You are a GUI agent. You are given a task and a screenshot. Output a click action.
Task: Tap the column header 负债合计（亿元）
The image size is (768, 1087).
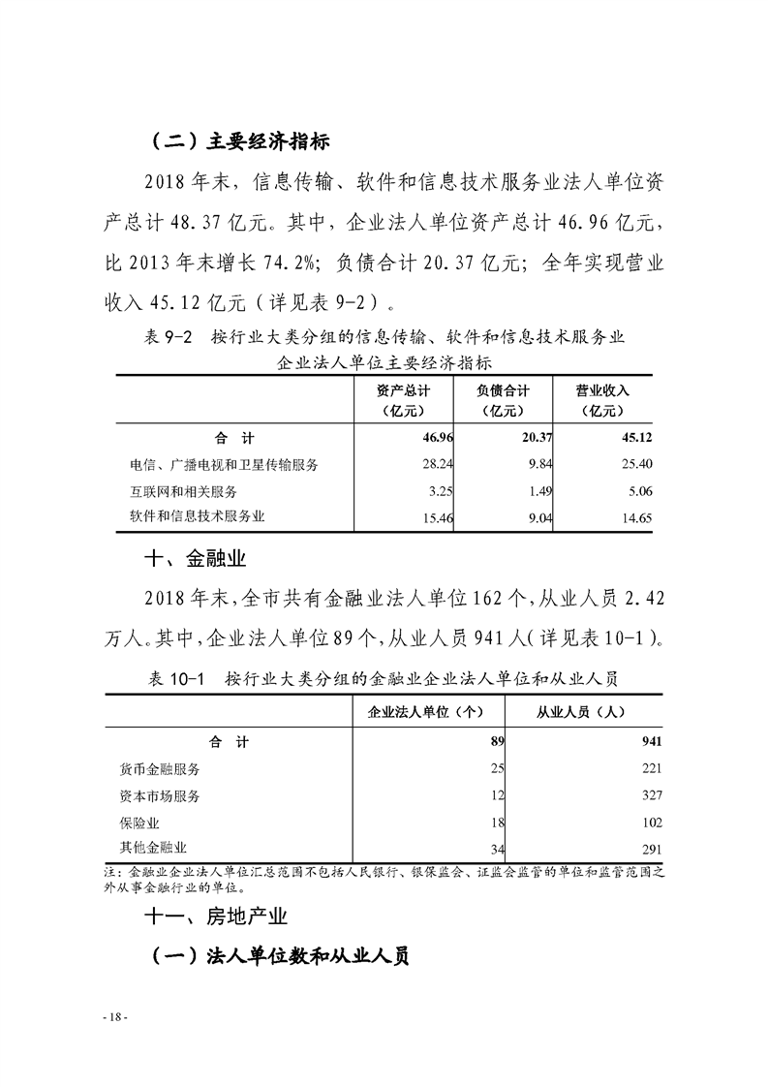(x=503, y=400)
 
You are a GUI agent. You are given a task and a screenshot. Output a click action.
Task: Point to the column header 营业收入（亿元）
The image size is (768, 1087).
(x=602, y=400)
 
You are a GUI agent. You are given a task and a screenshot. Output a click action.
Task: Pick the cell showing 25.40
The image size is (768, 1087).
(x=634, y=464)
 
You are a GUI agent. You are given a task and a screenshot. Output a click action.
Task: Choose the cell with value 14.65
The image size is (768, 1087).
(x=634, y=518)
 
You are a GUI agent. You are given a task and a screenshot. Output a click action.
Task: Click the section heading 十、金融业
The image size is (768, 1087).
(x=190, y=558)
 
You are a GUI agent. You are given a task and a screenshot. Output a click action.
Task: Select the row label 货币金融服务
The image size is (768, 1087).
(x=160, y=769)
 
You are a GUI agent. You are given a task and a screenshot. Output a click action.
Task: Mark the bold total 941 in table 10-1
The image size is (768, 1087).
(x=651, y=742)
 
